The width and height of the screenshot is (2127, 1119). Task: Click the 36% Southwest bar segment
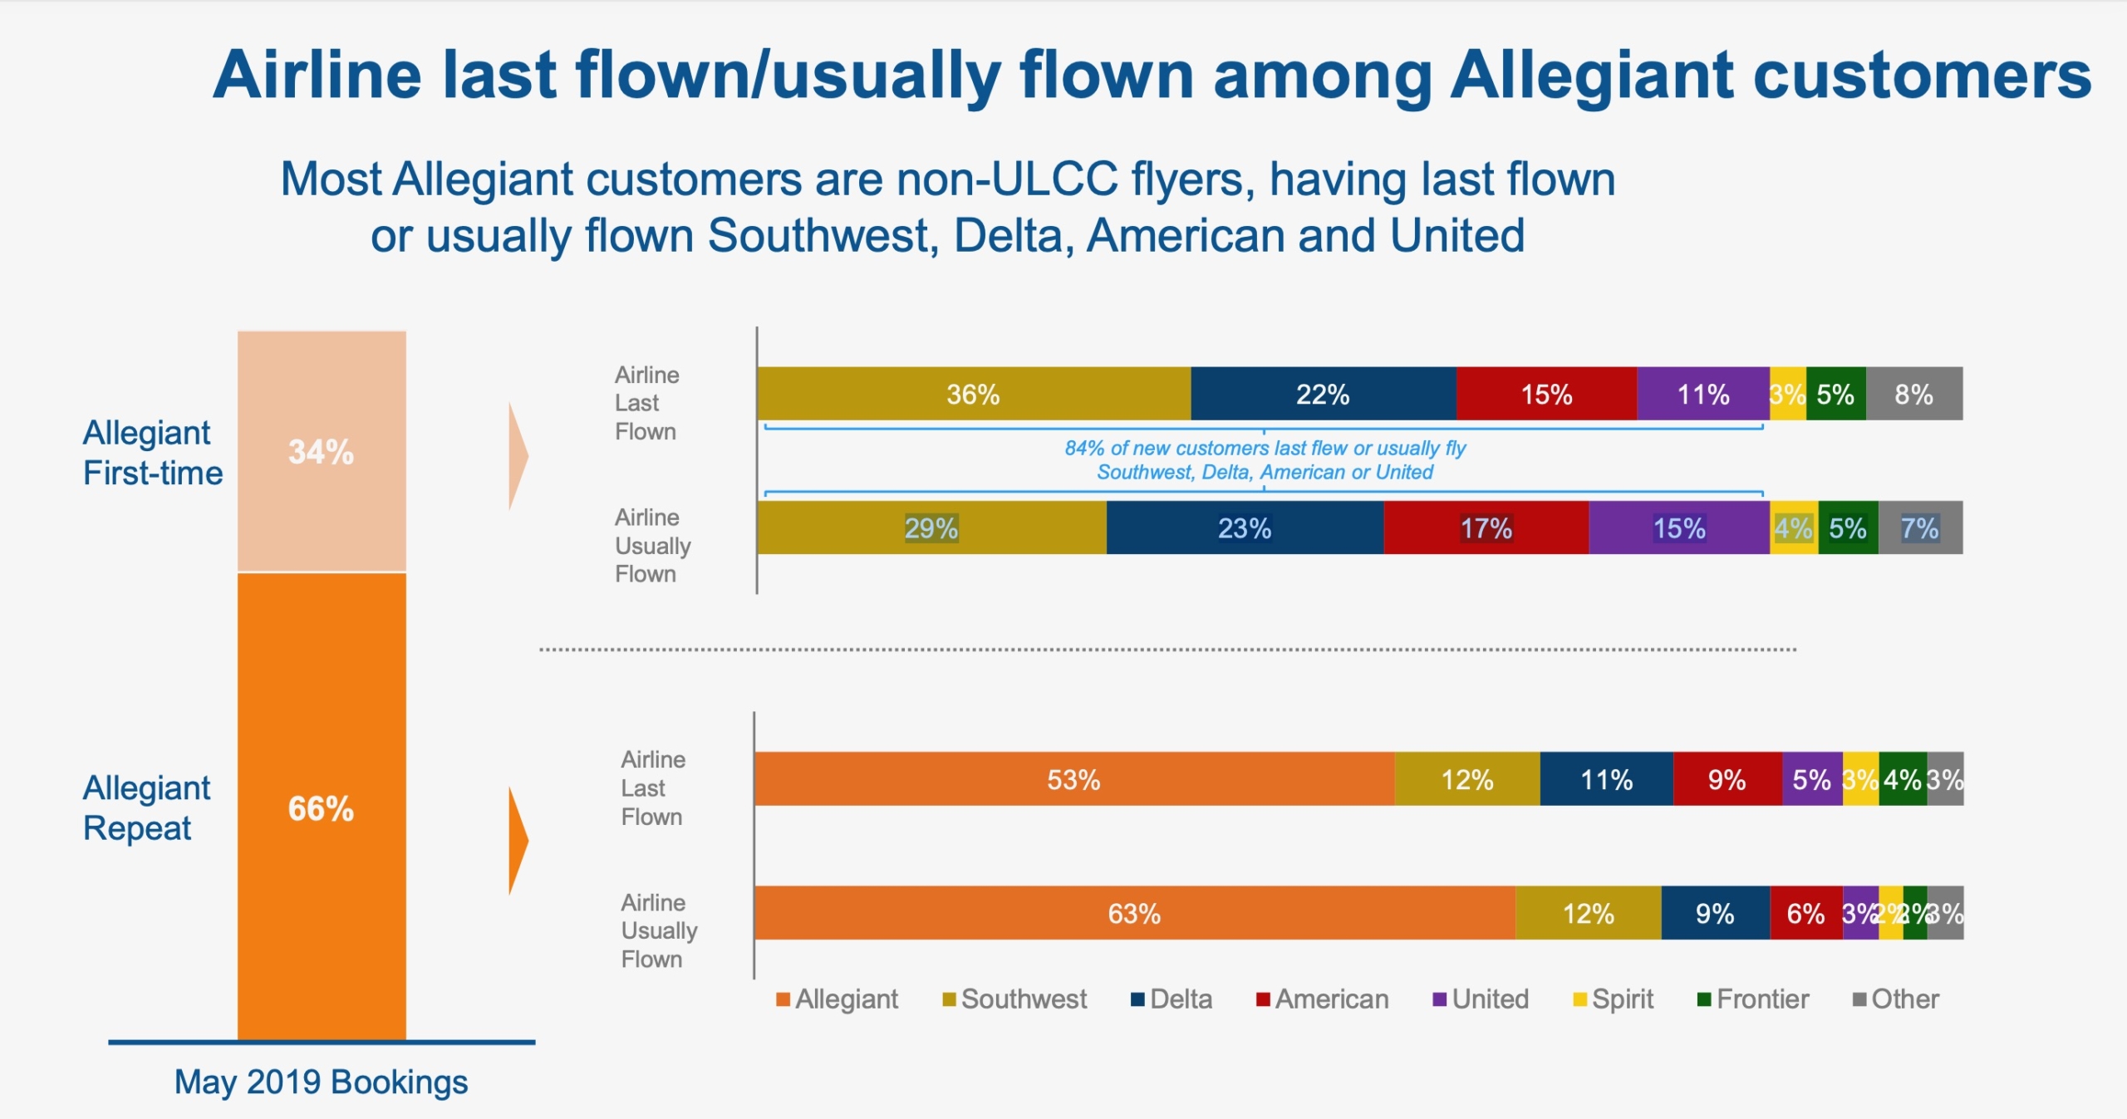tap(973, 394)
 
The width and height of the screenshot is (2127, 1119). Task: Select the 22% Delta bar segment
tap(1323, 394)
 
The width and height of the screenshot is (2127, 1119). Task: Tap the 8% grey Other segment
tap(1913, 394)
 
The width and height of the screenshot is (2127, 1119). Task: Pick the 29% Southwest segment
tap(931, 528)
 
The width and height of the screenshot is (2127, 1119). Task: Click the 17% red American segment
tap(1486, 528)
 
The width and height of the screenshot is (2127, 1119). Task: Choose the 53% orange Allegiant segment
tap(1073, 779)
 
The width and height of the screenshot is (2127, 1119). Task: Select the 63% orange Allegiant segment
tap(1134, 913)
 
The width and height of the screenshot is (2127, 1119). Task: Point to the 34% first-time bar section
tap(322, 452)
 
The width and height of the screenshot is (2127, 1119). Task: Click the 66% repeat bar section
tap(322, 807)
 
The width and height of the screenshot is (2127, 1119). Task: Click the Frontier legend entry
tap(1753, 999)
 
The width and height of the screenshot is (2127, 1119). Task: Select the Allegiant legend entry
tap(838, 999)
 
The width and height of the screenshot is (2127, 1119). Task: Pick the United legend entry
tap(1481, 999)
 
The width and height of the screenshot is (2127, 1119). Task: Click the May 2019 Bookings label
tap(321, 1082)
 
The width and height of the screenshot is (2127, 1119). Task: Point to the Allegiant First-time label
tap(153, 453)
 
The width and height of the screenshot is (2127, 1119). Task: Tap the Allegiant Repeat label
tap(146, 807)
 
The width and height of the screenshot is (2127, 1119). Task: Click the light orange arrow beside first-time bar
tap(518, 456)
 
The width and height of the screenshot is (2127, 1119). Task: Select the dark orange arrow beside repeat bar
tap(518, 840)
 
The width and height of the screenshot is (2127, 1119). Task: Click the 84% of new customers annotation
tap(1265, 460)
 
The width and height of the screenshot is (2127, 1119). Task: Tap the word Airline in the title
tap(317, 75)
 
